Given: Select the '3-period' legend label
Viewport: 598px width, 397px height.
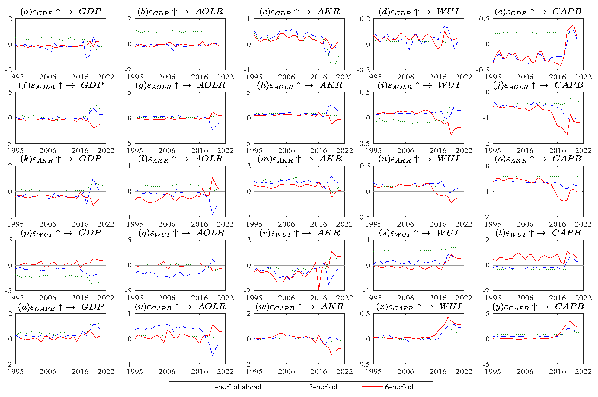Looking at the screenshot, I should pyautogui.click(x=323, y=387).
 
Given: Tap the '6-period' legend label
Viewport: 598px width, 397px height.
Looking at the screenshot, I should pyautogui.click(x=399, y=387).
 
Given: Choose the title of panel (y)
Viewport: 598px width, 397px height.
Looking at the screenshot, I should pyautogui.click(x=538, y=307).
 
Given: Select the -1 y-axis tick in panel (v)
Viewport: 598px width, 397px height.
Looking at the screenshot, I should pyautogui.click(x=129, y=364).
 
